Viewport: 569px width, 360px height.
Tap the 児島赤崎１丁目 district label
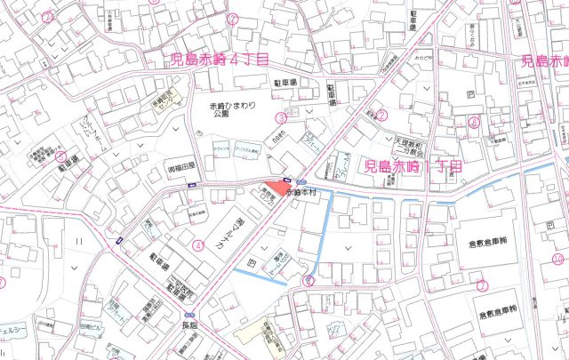pos(413,166)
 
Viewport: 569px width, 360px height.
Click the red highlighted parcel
pos(277,188)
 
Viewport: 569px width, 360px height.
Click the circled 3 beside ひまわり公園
pos(280,116)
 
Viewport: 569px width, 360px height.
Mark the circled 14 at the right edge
pos(557,260)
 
